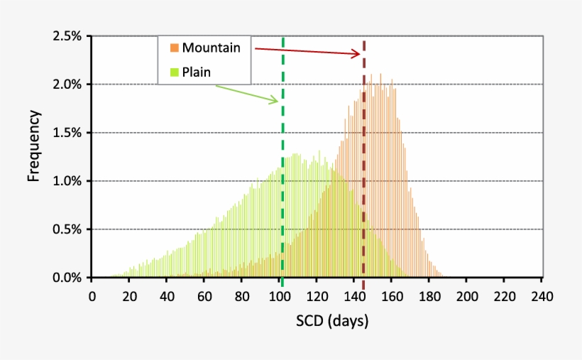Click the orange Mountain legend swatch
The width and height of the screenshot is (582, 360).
[x=174, y=48]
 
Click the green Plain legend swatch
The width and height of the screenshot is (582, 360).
[x=174, y=72]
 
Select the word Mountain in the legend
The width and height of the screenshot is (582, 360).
[x=211, y=48]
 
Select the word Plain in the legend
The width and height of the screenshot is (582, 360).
[x=197, y=72]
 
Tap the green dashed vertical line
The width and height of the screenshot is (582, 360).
[x=282, y=178]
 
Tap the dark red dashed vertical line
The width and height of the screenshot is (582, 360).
[x=364, y=178]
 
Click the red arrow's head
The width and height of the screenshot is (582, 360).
[x=358, y=53]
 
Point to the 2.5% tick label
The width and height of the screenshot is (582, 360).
[x=67, y=36]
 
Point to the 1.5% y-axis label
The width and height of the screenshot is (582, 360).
[x=67, y=133]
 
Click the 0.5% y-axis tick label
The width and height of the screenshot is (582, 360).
[x=67, y=229]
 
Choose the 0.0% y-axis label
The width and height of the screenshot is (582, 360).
[x=67, y=278]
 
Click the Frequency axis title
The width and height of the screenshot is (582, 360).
[x=33, y=146]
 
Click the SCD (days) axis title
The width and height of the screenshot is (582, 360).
[x=332, y=322]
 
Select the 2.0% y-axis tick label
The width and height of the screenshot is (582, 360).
[x=67, y=84]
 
